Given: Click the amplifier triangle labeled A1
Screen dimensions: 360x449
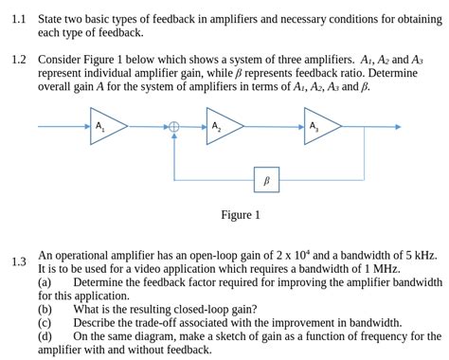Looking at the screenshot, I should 105,127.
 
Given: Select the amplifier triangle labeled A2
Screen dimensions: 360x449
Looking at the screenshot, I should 223,127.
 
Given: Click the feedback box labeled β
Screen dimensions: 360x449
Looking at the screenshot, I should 266,178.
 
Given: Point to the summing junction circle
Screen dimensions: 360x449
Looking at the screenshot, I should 173,127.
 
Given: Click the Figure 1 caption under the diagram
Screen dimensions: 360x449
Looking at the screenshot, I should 241,215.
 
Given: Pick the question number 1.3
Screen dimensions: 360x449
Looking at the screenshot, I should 20,261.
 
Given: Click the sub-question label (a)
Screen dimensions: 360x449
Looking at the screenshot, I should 45,281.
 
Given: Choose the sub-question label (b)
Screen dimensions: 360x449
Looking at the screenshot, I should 45,309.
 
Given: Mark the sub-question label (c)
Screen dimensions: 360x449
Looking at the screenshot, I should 45,322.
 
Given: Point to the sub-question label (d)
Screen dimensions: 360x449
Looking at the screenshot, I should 45,335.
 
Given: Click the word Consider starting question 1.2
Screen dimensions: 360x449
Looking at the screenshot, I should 60,59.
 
